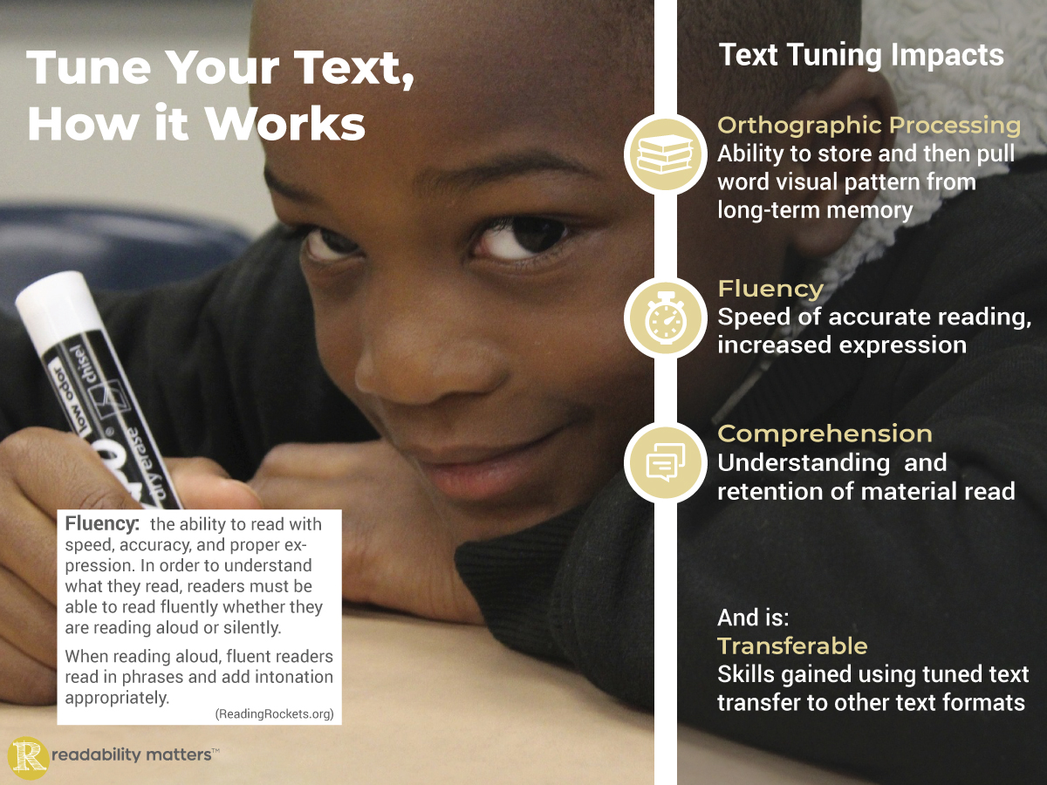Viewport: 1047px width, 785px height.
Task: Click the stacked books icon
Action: [x=666, y=154]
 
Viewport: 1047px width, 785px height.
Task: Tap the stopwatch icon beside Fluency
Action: [x=666, y=317]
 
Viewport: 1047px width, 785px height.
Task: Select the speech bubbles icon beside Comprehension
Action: [x=666, y=462]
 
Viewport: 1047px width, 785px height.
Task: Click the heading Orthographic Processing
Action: [x=869, y=126]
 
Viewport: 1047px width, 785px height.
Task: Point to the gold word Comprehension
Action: [x=825, y=433]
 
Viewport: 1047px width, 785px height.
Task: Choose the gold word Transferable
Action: [x=792, y=646]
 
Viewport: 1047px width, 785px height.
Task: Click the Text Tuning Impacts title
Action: [x=861, y=55]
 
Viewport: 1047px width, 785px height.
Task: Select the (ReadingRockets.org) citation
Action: [x=274, y=713]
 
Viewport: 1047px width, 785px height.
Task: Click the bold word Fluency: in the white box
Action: [x=102, y=524]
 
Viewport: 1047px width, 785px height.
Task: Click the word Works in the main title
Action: [x=284, y=124]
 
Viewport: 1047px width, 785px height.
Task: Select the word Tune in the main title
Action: [x=89, y=68]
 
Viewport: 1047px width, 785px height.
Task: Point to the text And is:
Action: [x=753, y=618]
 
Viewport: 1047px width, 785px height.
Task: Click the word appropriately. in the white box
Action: [x=117, y=699]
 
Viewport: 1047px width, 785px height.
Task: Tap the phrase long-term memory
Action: [x=815, y=211]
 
